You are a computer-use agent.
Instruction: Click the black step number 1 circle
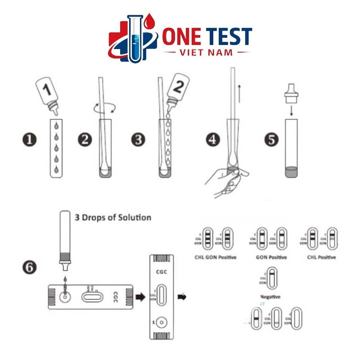(x=30, y=139)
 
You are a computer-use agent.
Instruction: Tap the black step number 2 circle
(x=84, y=139)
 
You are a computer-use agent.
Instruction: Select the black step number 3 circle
(x=139, y=139)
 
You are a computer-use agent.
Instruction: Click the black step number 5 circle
(x=271, y=139)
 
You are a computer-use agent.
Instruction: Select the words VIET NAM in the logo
(x=207, y=53)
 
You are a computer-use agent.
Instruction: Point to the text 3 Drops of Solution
(x=112, y=217)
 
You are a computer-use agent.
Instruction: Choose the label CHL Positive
(x=321, y=257)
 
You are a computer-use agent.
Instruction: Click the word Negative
(x=270, y=297)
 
